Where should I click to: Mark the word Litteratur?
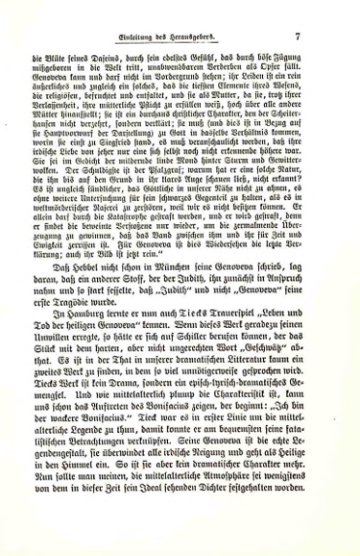(233, 384)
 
